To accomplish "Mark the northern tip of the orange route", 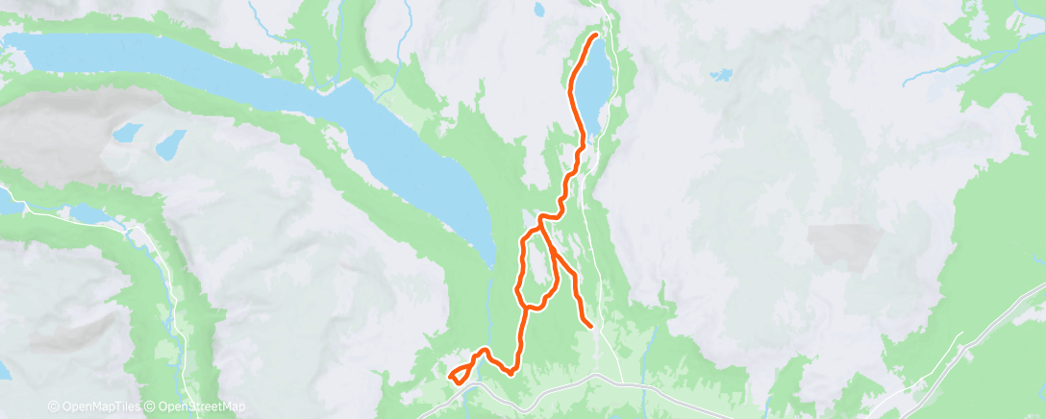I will click(595, 37).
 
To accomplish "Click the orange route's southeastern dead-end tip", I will click(588, 327).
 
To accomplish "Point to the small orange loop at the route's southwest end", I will click(461, 375).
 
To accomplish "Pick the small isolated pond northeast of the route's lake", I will click(720, 74).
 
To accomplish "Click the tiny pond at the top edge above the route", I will click(539, 11).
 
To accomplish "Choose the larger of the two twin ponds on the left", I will click(170, 144).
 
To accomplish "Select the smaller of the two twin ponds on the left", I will click(126, 133).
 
